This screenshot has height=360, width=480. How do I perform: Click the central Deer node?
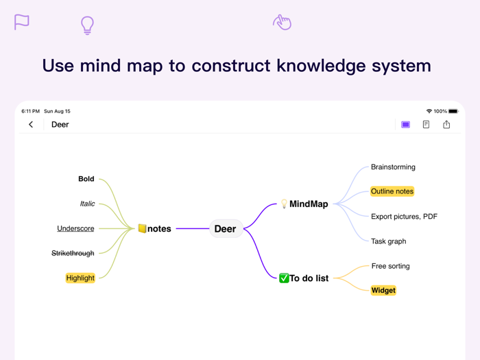tap(225, 229)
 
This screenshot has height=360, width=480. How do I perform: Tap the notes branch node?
tap(155, 229)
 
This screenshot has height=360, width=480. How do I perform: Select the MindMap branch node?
tap(304, 204)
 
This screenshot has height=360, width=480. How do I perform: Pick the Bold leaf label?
tap(86, 179)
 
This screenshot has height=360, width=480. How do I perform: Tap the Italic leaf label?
tap(87, 204)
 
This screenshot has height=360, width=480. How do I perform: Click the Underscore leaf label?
tap(75, 228)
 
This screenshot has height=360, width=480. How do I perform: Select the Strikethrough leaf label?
tap(73, 254)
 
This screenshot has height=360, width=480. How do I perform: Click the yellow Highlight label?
tap(80, 278)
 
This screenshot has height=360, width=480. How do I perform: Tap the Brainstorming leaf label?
tap(393, 167)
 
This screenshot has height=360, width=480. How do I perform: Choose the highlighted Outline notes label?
tap(392, 191)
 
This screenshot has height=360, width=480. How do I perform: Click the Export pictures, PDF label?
tap(404, 217)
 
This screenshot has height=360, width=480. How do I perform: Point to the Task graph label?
tap(388, 241)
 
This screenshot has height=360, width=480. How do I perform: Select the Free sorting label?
tap(390, 266)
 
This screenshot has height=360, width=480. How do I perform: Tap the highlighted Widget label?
tap(383, 291)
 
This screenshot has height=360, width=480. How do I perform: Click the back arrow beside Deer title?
tap(31, 125)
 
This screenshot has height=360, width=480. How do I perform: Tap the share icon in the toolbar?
tap(446, 125)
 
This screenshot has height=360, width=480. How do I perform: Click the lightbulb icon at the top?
tap(87, 25)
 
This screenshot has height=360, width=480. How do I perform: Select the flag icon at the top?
tap(22, 22)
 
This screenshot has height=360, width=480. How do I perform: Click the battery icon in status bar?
tap(453, 111)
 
